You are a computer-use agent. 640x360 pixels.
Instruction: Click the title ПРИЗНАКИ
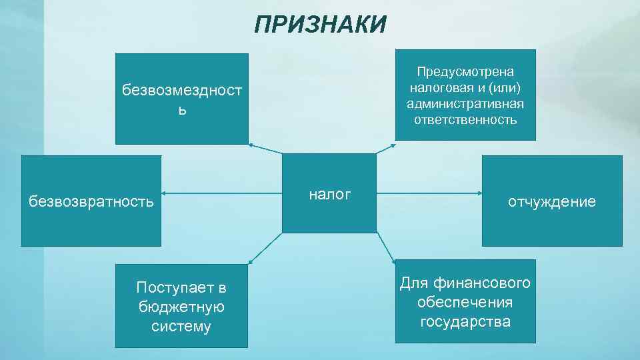(x=320, y=25)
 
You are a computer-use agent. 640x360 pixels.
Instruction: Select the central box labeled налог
(x=329, y=193)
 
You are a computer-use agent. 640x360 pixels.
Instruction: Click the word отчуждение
(x=551, y=201)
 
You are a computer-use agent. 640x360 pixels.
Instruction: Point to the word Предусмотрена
(x=465, y=71)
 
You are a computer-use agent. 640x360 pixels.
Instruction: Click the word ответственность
(x=465, y=120)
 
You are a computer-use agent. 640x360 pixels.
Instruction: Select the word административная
(x=465, y=104)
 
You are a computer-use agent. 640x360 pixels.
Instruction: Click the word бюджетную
(x=181, y=307)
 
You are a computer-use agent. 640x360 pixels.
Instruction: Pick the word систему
(x=181, y=326)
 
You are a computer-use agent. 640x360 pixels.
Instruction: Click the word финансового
(x=486, y=283)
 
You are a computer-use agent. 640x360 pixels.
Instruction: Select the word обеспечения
(x=465, y=303)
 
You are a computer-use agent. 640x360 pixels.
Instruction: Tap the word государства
(x=465, y=321)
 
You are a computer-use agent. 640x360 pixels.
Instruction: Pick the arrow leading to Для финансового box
(x=386, y=246)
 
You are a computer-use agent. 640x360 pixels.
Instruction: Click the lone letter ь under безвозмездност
(x=181, y=110)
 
